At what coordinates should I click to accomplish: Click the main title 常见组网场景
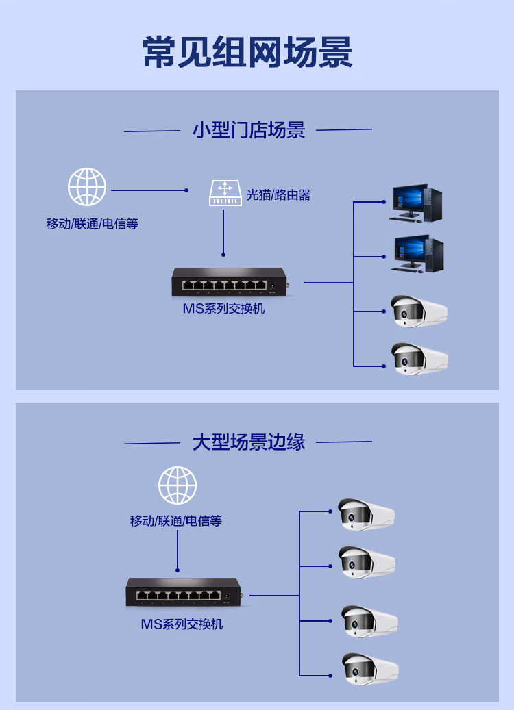247,52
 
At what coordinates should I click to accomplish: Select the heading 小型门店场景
249,130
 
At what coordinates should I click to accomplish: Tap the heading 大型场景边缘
248,442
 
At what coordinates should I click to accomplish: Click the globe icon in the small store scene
86,186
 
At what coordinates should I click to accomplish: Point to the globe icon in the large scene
178,485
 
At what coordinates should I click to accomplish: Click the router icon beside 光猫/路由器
225,193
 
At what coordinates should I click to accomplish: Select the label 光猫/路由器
278,195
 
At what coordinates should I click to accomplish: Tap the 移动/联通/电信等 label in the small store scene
92,224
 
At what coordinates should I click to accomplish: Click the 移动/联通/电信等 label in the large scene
176,521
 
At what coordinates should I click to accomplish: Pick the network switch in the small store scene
230,281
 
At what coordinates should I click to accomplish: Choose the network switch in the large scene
184,592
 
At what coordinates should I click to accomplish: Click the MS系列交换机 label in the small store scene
223,309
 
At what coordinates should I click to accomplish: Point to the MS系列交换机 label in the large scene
182,624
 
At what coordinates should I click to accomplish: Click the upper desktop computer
415,203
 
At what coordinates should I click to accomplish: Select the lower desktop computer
417,253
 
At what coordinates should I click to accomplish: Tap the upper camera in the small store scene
419,311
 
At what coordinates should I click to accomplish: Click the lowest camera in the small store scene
419,358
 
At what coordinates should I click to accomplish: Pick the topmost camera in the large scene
366,514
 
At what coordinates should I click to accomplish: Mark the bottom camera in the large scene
370,668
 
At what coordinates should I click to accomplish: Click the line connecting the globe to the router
149,190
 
